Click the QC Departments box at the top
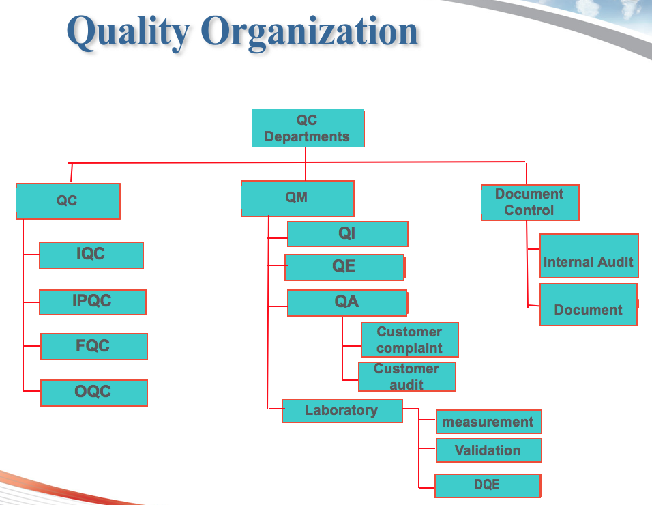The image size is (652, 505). (308, 128)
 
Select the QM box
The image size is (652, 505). (298, 199)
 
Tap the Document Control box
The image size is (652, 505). (530, 203)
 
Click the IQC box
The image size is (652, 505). (91, 255)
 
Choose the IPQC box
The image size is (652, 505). (93, 302)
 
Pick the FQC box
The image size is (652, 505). (94, 347)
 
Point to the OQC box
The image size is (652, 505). (94, 392)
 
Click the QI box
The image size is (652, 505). (348, 234)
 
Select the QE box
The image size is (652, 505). (344, 268)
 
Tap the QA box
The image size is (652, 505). (347, 303)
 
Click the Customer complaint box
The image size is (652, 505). (410, 340)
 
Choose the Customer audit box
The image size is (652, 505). (407, 377)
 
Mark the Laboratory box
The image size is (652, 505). (342, 411)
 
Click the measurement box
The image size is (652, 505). (488, 422)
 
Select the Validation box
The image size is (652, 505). (488, 450)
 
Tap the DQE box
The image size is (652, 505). (488, 485)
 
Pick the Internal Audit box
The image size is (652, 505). (589, 256)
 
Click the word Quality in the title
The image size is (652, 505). (128, 32)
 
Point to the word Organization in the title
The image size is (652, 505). (310, 32)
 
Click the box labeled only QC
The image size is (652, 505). (68, 201)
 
